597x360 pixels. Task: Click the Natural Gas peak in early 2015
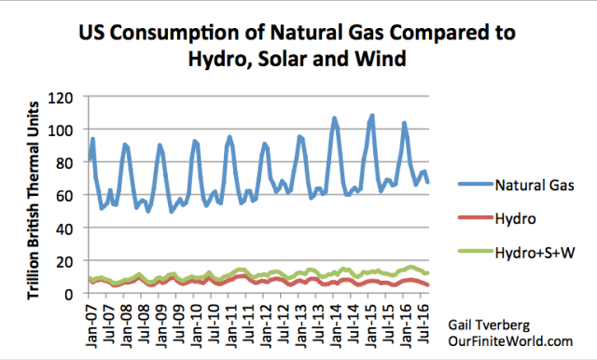click(x=372, y=117)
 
